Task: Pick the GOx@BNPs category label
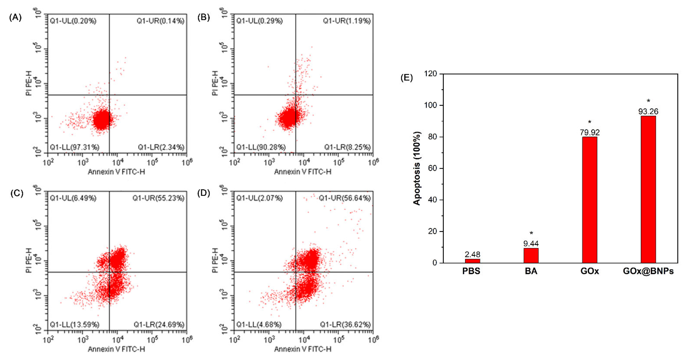pos(648,271)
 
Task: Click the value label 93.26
pos(648,111)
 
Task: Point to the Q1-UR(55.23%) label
pos(158,198)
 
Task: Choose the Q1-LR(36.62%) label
pos(345,324)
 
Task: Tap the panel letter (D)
pos(204,193)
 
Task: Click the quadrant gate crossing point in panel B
pos(295,95)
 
